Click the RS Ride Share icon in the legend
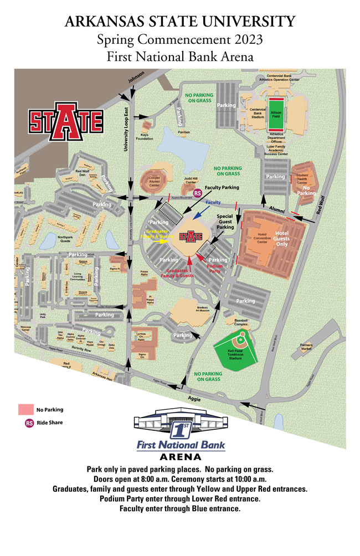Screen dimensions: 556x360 coord(29,423)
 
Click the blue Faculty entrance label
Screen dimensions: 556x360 coord(213,203)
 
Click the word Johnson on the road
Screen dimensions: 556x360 coord(136,80)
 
